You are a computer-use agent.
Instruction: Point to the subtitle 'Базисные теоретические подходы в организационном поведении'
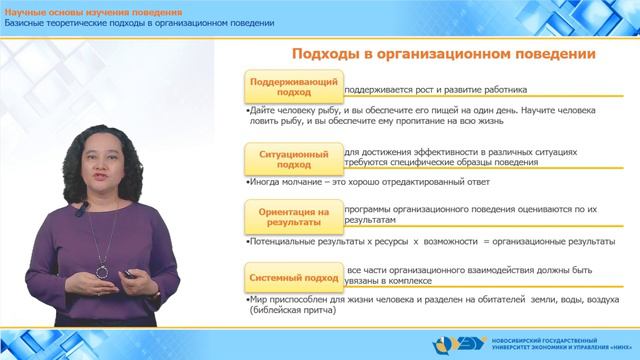click(x=140, y=23)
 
